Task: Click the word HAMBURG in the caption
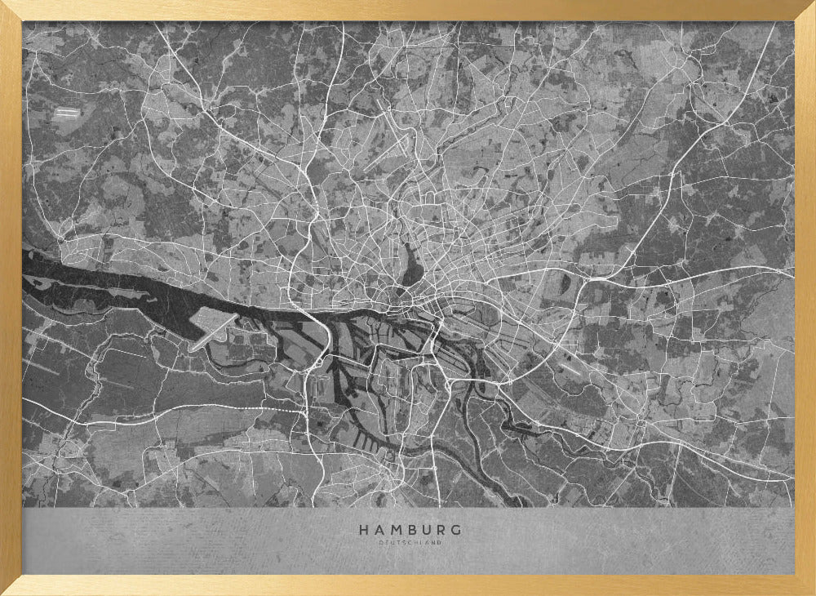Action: click(x=410, y=530)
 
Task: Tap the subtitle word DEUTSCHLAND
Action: click(x=410, y=542)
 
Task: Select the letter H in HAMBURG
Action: click(x=363, y=530)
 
